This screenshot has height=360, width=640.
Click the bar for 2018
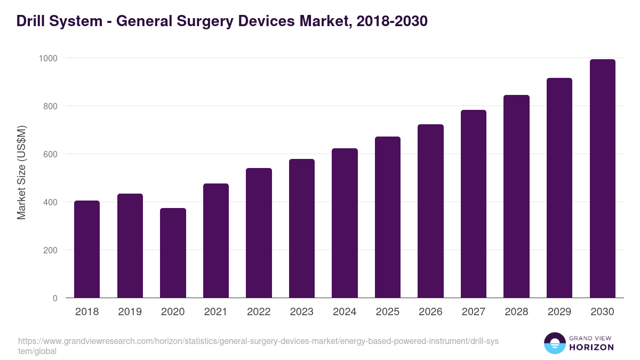[x=87, y=249]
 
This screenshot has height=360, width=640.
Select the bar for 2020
[x=173, y=253]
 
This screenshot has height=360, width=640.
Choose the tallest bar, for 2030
[x=602, y=179]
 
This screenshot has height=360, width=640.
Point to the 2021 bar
[x=216, y=241]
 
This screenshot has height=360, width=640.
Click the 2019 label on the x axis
[x=130, y=312]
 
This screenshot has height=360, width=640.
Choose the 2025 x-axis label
[x=388, y=312]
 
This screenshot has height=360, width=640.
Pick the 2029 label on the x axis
[x=559, y=312]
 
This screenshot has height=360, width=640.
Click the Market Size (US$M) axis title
[x=21, y=172]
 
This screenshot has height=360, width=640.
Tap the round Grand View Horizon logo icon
[x=555, y=343]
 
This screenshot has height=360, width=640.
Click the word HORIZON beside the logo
[x=592, y=347]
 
